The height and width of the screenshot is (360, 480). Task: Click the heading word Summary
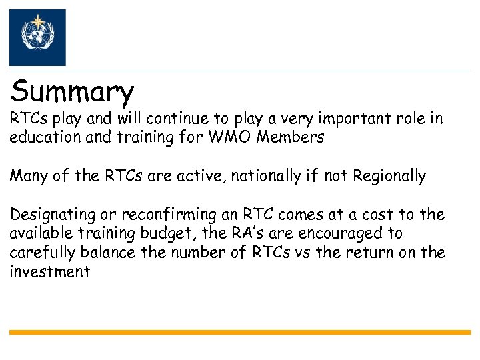[x=73, y=92]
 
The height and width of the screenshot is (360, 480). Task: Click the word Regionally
[x=389, y=176]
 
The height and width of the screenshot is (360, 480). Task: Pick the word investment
[x=49, y=272]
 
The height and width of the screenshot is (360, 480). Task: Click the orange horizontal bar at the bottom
[x=240, y=331]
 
